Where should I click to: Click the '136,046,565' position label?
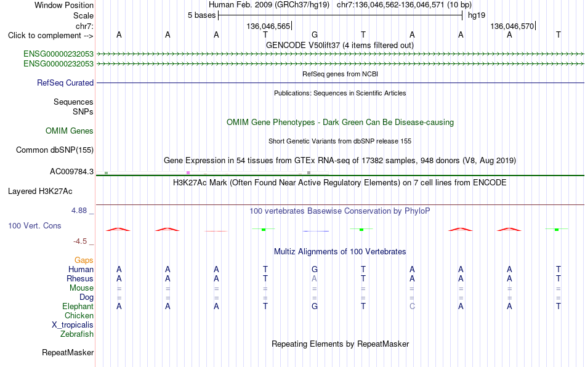pos(268,26)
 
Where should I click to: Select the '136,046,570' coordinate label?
pos(512,26)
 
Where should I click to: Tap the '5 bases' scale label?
pos(201,15)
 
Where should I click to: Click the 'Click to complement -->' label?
pos(50,36)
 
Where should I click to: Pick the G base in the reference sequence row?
pos(315,34)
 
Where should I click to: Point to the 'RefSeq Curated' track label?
pos(65,83)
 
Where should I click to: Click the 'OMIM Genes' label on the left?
pos(70,131)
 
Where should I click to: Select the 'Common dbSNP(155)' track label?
pos(55,150)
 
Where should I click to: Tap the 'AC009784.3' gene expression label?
pos(71,172)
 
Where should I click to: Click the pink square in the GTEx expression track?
pos(188,172)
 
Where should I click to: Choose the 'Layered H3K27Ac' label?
pos(40,192)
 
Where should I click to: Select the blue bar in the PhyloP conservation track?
pos(316,232)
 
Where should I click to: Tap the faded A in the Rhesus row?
pos(315,278)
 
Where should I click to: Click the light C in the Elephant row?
pos(412,306)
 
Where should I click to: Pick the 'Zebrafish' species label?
pos(77,334)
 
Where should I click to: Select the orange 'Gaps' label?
pos(84,260)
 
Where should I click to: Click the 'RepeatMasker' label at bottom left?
pos(68,352)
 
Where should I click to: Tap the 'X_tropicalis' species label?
pos(73,325)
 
